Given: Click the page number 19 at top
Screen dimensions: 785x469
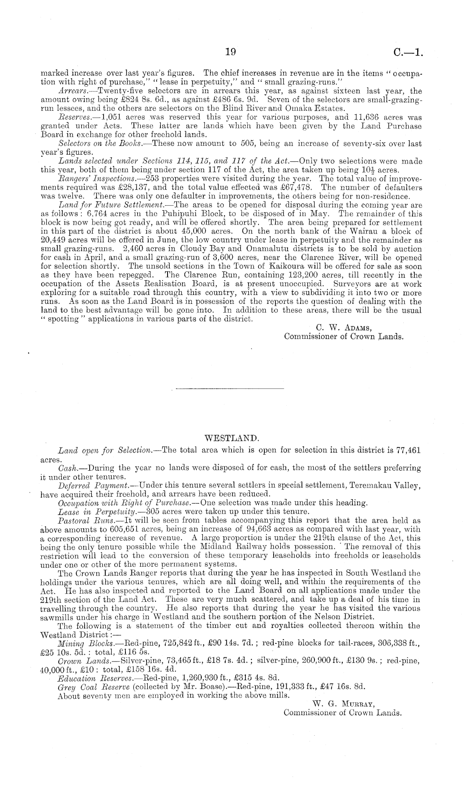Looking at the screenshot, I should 230,52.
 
